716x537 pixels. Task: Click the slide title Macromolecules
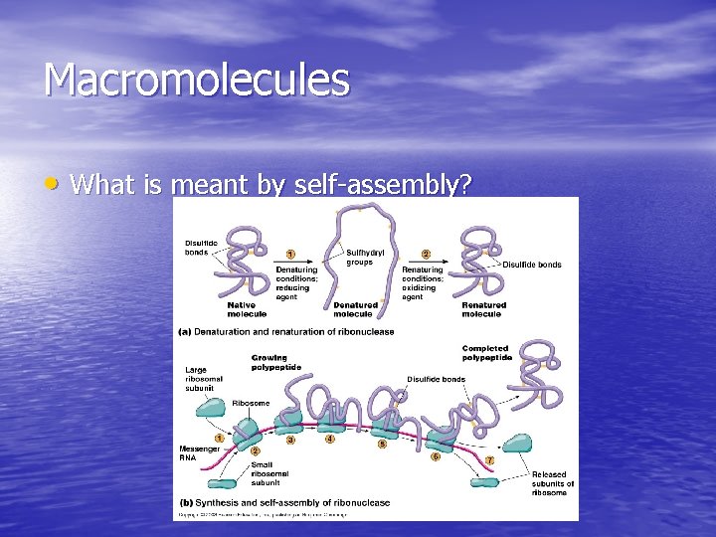pyautogui.click(x=196, y=81)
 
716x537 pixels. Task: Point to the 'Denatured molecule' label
pyautogui.click(x=355, y=309)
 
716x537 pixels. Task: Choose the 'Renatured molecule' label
pyautogui.click(x=483, y=309)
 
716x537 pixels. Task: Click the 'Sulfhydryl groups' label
pyautogui.click(x=360, y=258)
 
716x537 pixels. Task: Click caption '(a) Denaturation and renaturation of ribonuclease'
pyautogui.click(x=286, y=332)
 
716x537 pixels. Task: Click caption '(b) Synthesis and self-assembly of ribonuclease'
pyautogui.click(x=284, y=503)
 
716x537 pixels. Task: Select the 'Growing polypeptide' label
pyautogui.click(x=268, y=362)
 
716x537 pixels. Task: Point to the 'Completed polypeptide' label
pyautogui.click(x=485, y=353)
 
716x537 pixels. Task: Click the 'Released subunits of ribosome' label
pyautogui.click(x=552, y=483)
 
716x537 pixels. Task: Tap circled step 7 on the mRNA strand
pyautogui.click(x=489, y=461)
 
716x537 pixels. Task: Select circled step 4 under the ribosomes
pyautogui.click(x=330, y=440)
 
